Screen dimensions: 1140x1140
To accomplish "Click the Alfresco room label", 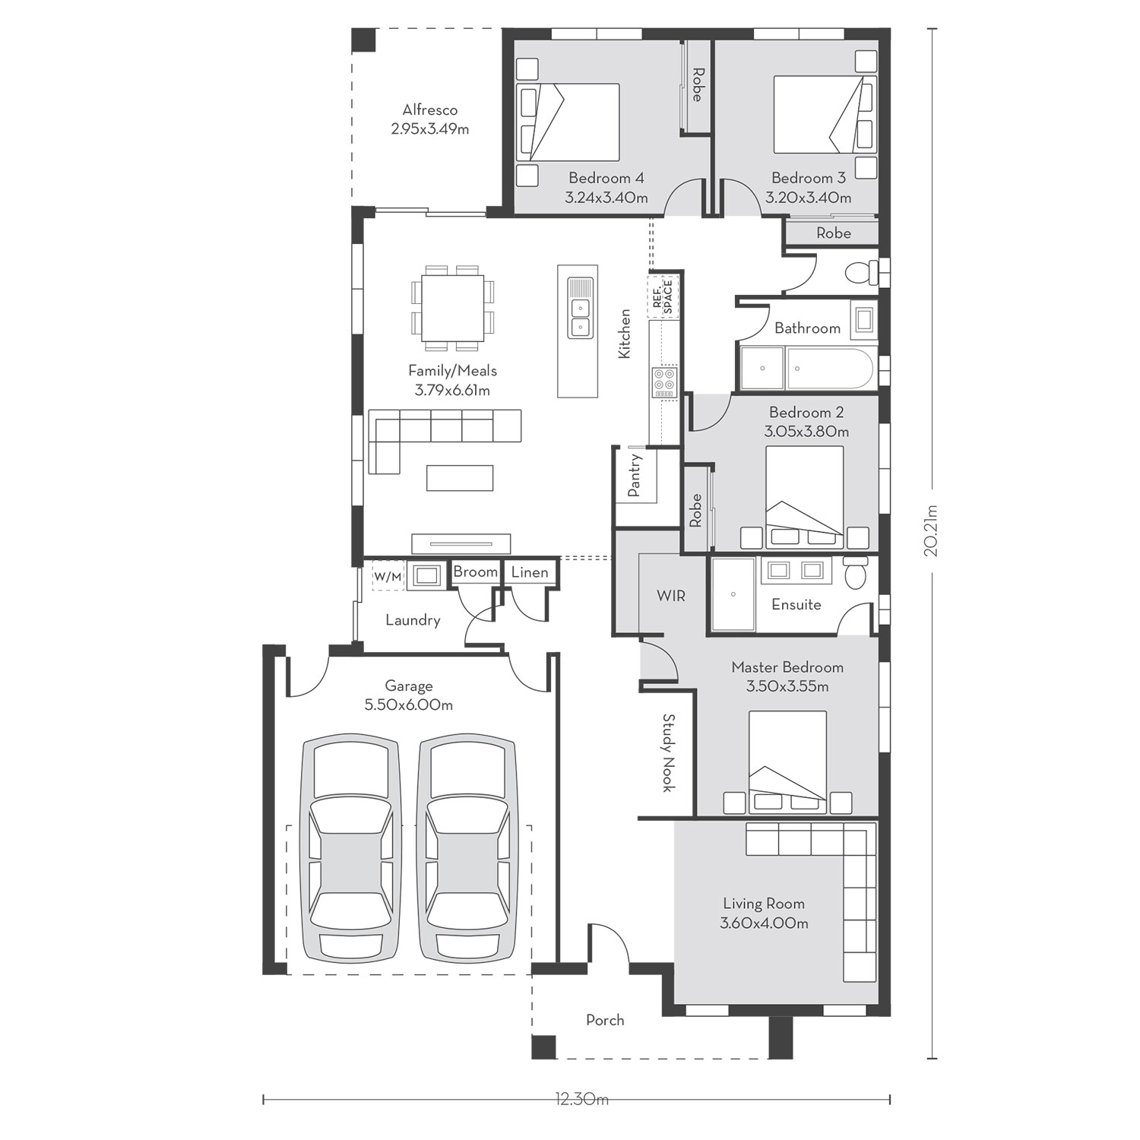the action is pyautogui.click(x=430, y=110).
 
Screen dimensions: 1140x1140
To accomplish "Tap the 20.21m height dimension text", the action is pyautogui.click(x=933, y=531).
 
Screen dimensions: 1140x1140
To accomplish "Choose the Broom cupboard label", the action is pyautogui.click(x=476, y=572).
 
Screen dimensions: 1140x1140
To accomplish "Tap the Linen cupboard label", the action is pyautogui.click(x=530, y=572).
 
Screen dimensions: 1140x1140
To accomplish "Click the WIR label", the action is pyautogui.click(x=671, y=596).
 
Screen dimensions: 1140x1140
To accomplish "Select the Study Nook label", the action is pyautogui.click(x=668, y=752).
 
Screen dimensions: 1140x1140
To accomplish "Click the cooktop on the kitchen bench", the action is pyautogui.click(x=664, y=382).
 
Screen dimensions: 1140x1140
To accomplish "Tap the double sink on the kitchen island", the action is pyautogui.click(x=580, y=317).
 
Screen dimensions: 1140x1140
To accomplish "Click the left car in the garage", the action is pyautogui.click(x=351, y=850).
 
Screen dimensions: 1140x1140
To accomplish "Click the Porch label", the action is pyautogui.click(x=605, y=1020).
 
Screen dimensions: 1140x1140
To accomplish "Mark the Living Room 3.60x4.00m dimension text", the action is pyautogui.click(x=764, y=923).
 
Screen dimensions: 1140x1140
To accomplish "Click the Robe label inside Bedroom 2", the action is pyautogui.click(x=695, y=511).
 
